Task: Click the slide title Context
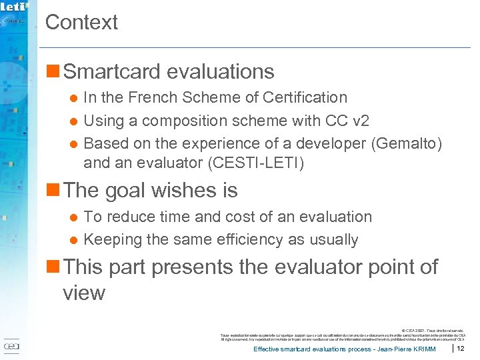click(x=81, y=22)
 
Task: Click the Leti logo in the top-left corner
click(x=14, y=8)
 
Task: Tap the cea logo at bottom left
click(x=11, y=347)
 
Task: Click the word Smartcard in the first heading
click(x=113, y=71)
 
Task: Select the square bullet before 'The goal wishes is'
click(x=53, y=191)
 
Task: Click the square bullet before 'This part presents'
click(x=53, y=267)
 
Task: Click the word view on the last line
click(x=83, y=293)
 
